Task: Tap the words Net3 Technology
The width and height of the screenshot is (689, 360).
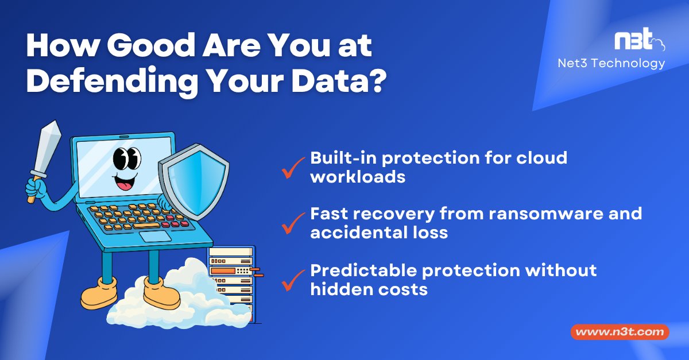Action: coord(611,63)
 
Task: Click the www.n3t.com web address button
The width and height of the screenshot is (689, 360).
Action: coord(620,332)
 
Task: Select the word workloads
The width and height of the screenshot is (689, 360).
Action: coord(358,177)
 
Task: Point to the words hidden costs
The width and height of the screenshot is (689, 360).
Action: coord(369,289)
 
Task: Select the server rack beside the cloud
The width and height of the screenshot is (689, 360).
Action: coord(231,276)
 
